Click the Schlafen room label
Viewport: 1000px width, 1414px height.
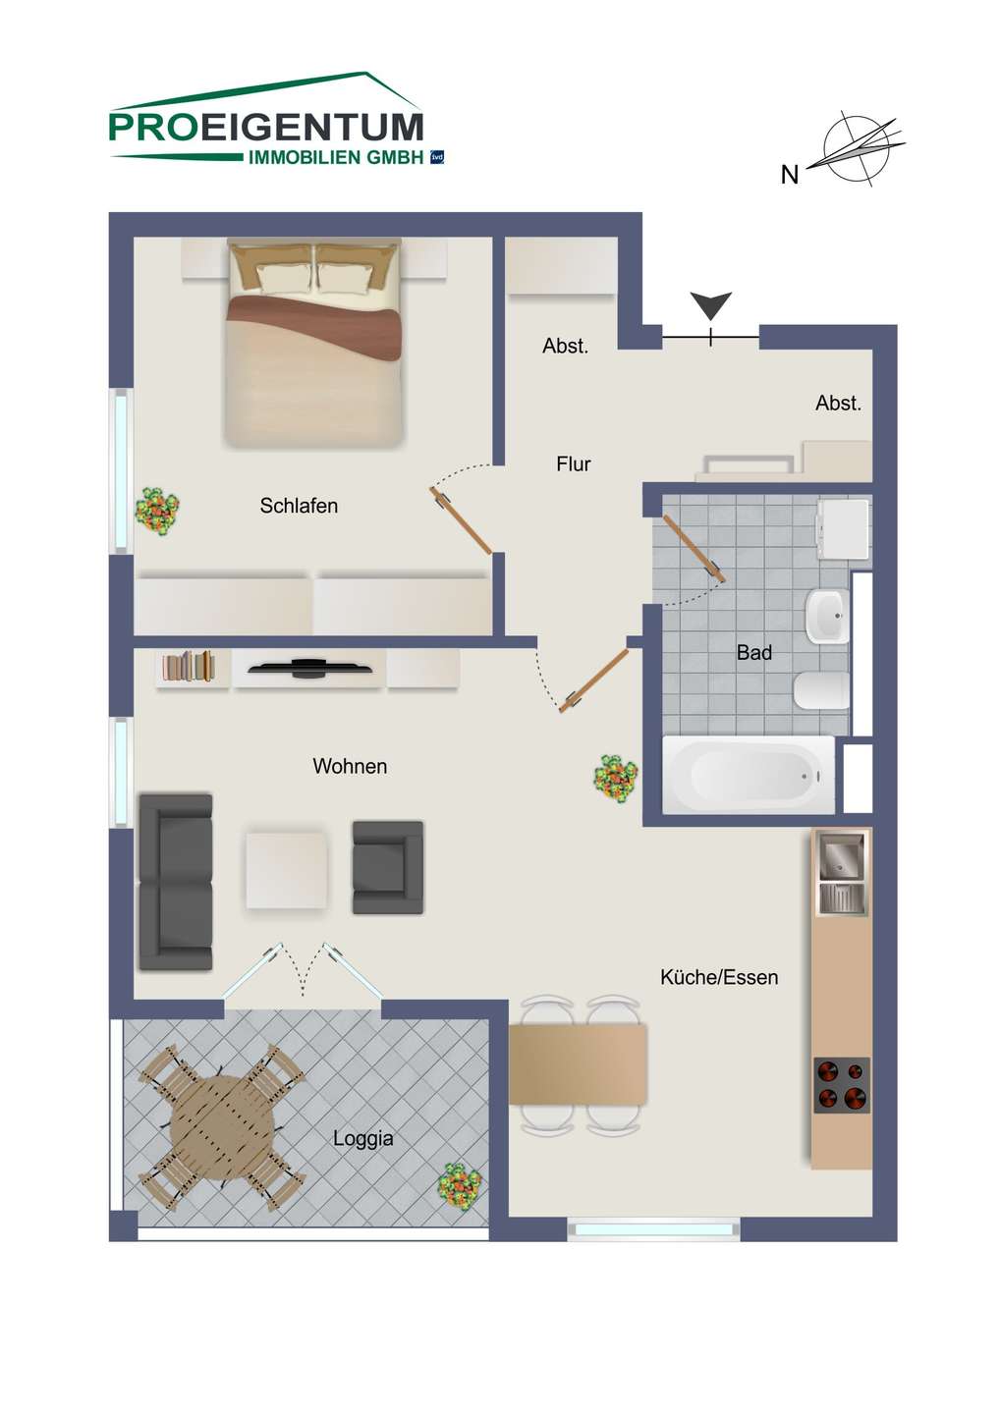[x=299, y=506]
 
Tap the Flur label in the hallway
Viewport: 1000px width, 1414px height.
[x=574, y=463]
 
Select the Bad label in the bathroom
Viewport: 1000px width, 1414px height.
[x=753, y=652]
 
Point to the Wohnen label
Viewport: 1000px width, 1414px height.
[x=350, y=766]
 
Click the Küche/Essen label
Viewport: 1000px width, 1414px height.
[x=719, y=977]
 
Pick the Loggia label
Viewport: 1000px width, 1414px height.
[x=363, y=1138]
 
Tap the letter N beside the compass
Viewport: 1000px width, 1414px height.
[x=790, y=174]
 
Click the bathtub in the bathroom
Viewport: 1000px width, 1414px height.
[x=749, y=775]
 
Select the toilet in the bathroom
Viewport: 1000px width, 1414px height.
[x=820, y=690]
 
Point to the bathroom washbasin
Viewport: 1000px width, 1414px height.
[x=827, y=616]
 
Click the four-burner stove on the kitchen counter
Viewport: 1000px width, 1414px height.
[x=842, y=1085]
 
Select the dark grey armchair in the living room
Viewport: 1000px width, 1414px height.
[x=388, y=867]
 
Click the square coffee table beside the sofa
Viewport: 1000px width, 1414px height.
[x=287, y=870]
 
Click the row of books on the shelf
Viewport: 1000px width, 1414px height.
[x=189, y=667]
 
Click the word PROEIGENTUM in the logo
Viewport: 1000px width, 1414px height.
[x=266, y=128]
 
